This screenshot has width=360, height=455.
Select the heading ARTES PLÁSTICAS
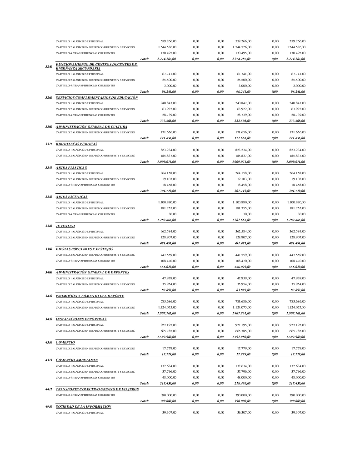[71, 167]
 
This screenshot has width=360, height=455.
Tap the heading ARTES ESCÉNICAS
[72, 197]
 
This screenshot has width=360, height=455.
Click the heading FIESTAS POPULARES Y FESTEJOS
[85, 249]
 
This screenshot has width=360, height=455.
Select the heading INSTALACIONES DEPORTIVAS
[81, 319]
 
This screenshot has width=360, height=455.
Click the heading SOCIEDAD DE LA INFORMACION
[83, 406]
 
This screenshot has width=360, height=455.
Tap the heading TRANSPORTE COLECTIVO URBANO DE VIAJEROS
[97, 389]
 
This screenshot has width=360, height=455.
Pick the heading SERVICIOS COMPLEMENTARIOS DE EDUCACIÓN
[97, 97]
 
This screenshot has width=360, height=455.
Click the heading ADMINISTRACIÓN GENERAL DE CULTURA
[91, 126]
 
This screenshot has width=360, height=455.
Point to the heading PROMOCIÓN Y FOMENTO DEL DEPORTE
[90, 296]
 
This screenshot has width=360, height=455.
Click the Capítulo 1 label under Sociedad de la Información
[80, 413]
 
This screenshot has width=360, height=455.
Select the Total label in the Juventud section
[145, 243]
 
